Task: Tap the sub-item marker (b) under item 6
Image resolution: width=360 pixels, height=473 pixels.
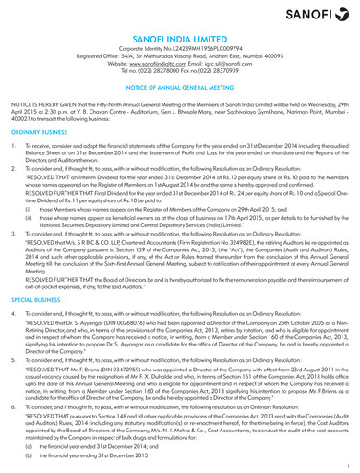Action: [29, 458]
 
